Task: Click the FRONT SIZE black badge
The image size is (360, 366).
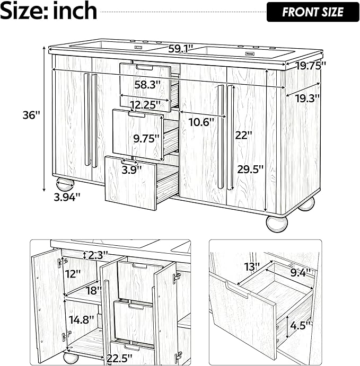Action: [x=313, y=12]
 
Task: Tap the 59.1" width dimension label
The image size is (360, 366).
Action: [x=179, y=49]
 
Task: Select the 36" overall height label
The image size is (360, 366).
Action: [x=31, y=115]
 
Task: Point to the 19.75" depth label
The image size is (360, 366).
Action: [x=311, y=66]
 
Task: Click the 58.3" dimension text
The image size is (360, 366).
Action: [x=147, y=85]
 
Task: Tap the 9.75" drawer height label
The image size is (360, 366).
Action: [x=147, y=139]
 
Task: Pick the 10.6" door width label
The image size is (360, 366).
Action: [x=201, y=122]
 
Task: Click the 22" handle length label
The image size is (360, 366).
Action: [x=244, y=135]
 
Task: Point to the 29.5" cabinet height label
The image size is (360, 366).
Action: [x=250, y=169]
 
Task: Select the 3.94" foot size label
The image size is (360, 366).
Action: [x=67, y=198]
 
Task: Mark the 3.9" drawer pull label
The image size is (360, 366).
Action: [x=131, y=169]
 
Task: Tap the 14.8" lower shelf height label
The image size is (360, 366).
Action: [x=82, y=319]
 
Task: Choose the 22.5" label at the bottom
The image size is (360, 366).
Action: [x=119, y=358]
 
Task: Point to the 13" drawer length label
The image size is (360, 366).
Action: [x=252, y=266]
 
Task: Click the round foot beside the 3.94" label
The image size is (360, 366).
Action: [x=65, y=184]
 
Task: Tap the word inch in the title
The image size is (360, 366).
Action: [x=75, y=11]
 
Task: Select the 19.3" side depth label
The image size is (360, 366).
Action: [x=307, y=99]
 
